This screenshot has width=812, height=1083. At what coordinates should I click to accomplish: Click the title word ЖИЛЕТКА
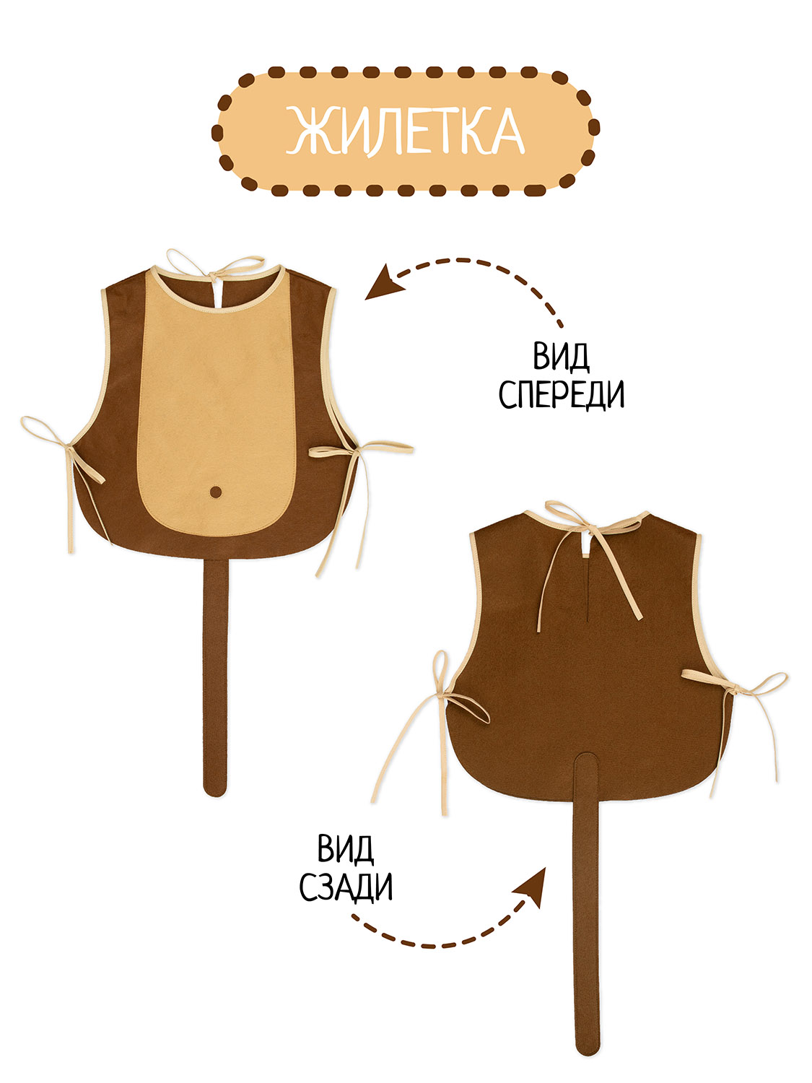[405, 131]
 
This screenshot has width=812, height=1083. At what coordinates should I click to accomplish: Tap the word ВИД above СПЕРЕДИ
[562, 357]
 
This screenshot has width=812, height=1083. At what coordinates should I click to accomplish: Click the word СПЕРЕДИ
[562, 394]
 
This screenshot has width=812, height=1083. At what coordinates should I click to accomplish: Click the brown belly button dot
[215, 492]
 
